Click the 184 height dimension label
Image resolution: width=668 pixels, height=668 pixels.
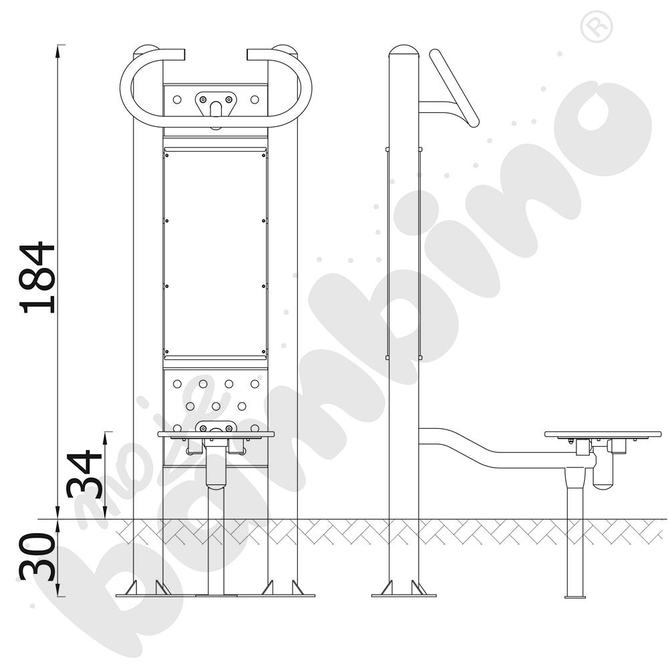(37, 277)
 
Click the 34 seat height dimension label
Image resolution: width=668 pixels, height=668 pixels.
(84, 474)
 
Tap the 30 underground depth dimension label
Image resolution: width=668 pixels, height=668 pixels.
(37, 556)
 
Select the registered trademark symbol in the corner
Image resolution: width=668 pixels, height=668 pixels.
(597, 27)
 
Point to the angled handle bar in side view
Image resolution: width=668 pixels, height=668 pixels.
(454, 88)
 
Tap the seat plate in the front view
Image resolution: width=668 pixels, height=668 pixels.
(216, 435)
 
